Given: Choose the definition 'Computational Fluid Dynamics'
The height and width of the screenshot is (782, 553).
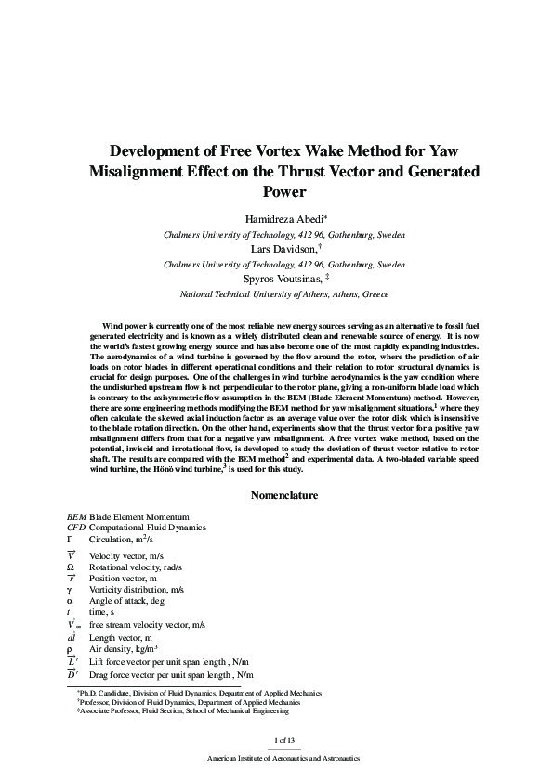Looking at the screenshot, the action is coord(147,528).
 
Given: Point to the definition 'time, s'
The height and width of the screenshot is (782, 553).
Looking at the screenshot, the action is coord(102,613).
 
